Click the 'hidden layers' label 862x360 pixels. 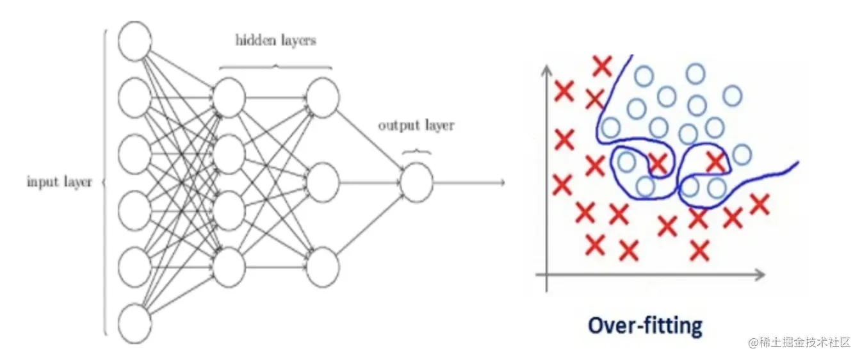point(276,40)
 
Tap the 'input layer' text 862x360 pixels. point(60,182)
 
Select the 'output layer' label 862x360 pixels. point(416,125)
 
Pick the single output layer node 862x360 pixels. point(416,183)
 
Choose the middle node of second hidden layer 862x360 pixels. point(322,183)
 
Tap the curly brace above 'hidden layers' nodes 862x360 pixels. point(276,66)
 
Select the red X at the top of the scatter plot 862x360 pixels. point(602,65)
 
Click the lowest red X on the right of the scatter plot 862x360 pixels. point(700,250)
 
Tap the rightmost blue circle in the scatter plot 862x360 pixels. point(742,154)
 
